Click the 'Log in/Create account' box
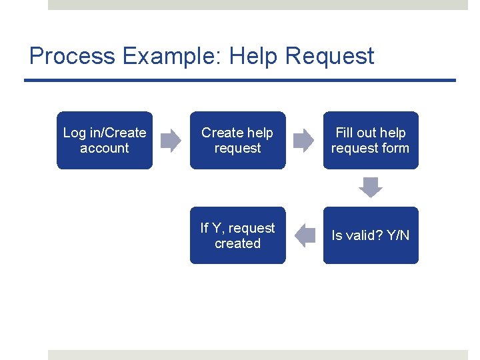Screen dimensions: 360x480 (x=105, y=140)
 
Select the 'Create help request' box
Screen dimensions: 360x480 (x=237, y=140)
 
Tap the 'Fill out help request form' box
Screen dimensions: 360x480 (x=371, y=140)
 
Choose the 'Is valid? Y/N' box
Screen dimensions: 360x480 (x=371, y=235)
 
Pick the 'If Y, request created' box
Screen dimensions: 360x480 (x=237, y=235)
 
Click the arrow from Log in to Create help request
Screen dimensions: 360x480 (x=171, y=140)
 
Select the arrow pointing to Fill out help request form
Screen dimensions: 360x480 (x=304, y=140)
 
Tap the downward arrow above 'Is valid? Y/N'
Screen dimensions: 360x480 (x=371, y=187)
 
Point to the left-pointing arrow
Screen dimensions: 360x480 (x=305, y=235)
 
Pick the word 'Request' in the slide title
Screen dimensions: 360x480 (x=330, y=56)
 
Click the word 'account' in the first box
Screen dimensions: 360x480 (x=105, y=149)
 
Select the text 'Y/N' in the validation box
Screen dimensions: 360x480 (x=398, y=235)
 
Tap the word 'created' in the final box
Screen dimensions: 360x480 (x=237, y=244)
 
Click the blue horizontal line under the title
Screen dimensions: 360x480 (x=240, y=81)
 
